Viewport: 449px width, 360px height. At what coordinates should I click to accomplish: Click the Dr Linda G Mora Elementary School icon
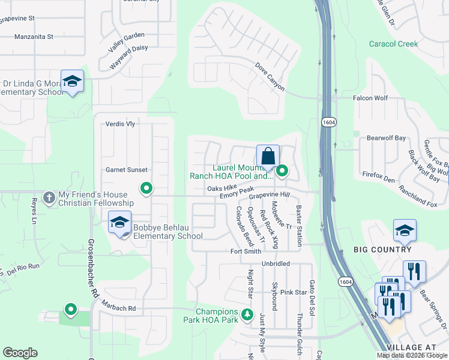(x=72, y=82)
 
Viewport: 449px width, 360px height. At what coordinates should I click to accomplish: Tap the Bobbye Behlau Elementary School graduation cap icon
(x=120, y=223)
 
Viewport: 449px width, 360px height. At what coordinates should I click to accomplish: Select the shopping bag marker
(x=268, y=157)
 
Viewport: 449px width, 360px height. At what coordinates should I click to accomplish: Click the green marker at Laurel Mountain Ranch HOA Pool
(x=281, y=172)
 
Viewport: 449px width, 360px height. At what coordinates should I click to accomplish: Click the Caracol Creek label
(x=393, y=44)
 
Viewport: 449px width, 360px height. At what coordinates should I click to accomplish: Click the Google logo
(x=20, y=353)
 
